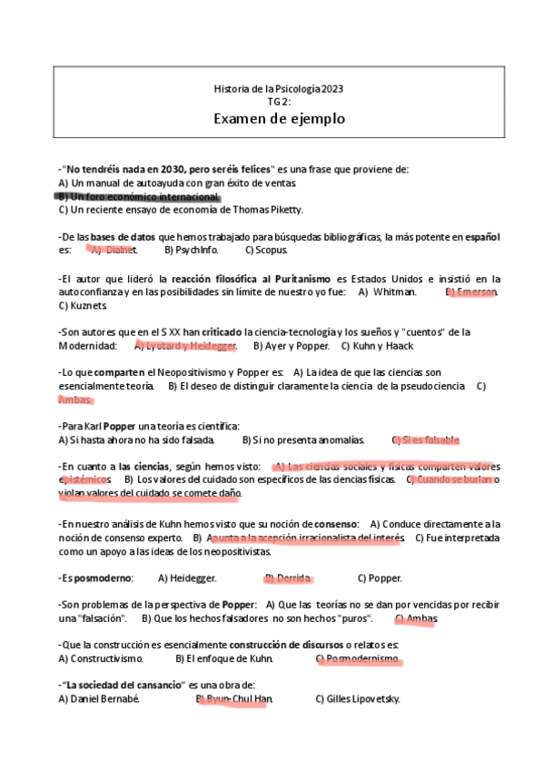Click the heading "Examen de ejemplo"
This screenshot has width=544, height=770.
click(279, 119)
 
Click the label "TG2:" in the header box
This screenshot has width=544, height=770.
click(279, 103)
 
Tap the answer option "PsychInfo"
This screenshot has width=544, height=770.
click(197, 250)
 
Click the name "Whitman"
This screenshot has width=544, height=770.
click(393, 292)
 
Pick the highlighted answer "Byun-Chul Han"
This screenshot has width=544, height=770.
click(239, 699)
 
